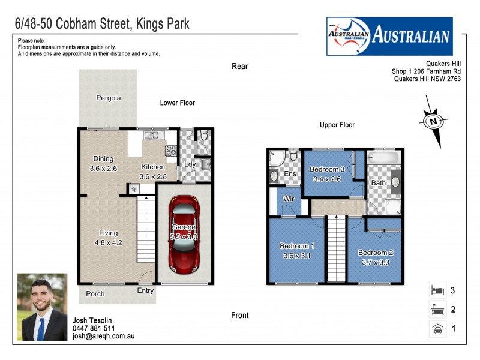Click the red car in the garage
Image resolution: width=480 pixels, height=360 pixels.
pos(184,235)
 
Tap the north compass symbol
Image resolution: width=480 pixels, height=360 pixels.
pos(433,122)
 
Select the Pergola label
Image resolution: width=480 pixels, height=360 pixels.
pos(109,98)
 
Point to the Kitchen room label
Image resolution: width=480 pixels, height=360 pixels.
pos(152,167)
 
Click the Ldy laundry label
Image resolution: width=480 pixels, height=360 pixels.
pos(190,164)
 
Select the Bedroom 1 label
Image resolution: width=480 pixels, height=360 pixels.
pos(296,246)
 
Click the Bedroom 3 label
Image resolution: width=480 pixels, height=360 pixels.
pos(327,169)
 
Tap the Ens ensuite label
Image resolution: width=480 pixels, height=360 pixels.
pos(290,174)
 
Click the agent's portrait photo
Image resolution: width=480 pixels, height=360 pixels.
pos(42,307)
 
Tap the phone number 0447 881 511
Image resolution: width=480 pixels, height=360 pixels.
pos(94,329)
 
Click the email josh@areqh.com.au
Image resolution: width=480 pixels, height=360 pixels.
pos(103,337)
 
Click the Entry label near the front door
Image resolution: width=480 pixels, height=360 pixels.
pos(145,290)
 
